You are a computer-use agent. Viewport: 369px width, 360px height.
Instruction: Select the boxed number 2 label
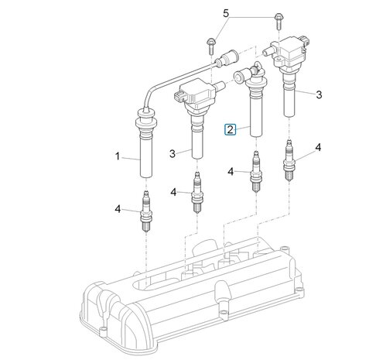[230, 129]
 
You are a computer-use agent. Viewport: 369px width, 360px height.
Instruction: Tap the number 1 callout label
[118, 156]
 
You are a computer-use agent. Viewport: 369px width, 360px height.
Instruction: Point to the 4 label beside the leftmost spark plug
[118, 207]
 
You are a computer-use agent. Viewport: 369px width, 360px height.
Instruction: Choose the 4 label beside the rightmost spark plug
[318, 146]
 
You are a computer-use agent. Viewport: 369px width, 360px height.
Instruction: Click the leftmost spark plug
[143, 210]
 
